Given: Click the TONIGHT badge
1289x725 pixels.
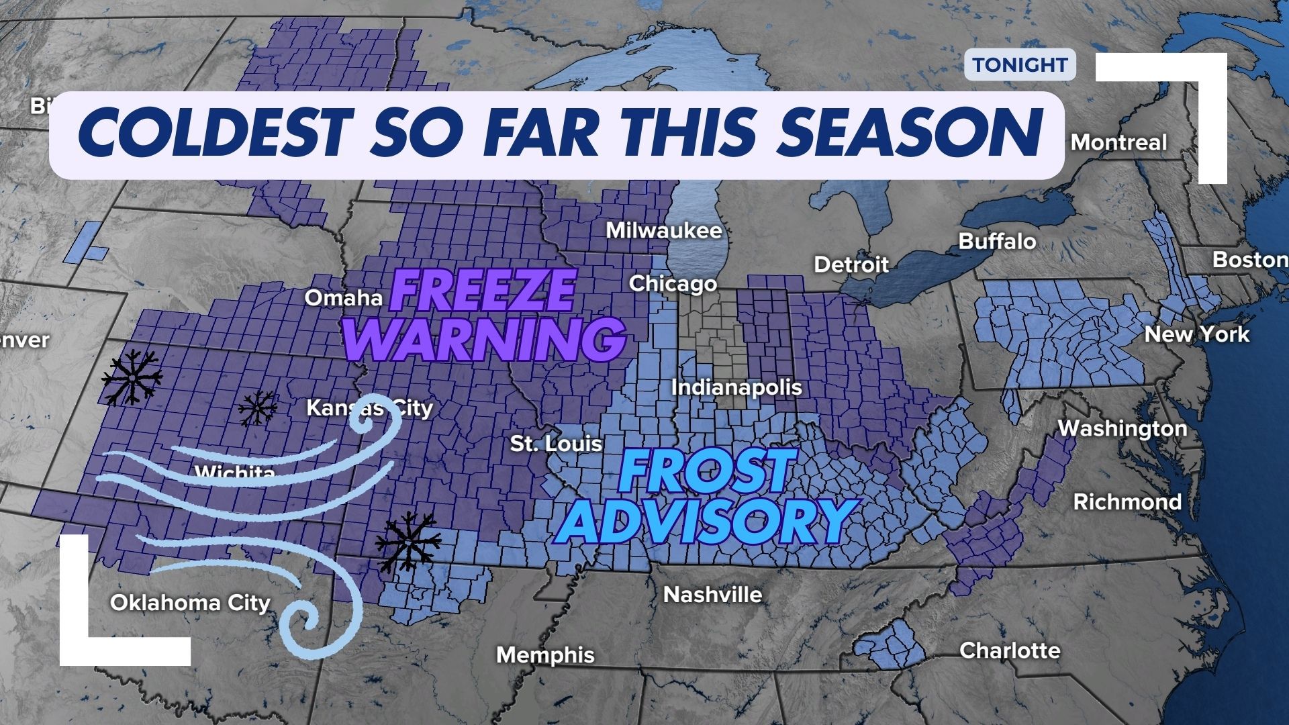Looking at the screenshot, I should [x=1020, y=65].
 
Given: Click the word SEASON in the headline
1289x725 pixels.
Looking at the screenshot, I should [x=910, y=135].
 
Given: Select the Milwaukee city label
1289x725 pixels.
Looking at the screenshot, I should [x=663, y=231].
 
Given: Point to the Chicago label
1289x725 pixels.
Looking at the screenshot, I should [x=673, y=284].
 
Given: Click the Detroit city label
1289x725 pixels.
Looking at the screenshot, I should [x=851, y=264].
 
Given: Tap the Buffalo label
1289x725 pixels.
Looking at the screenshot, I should [x=997, y=242].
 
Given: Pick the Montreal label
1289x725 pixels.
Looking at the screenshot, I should [x=1118, y=142].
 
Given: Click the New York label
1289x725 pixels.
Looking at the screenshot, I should [x=1196, y=334].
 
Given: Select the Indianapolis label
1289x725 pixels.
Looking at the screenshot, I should [x=736, y=387].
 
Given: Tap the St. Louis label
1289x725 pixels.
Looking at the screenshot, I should [x=556, y=444].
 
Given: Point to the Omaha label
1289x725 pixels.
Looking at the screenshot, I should [x=344, y=297].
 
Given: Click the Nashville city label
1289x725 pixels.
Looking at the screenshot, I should [x=712, y=595].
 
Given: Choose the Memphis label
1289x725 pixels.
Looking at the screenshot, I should [x=545, y=655].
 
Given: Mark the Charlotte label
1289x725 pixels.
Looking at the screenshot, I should [x=1010, y=650].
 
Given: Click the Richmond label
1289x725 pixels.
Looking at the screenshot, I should [x=1127, y=502].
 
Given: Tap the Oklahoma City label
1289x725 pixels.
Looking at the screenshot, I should [x=190, y=603].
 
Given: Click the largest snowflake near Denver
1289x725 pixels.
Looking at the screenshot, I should [x=132, y=377].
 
